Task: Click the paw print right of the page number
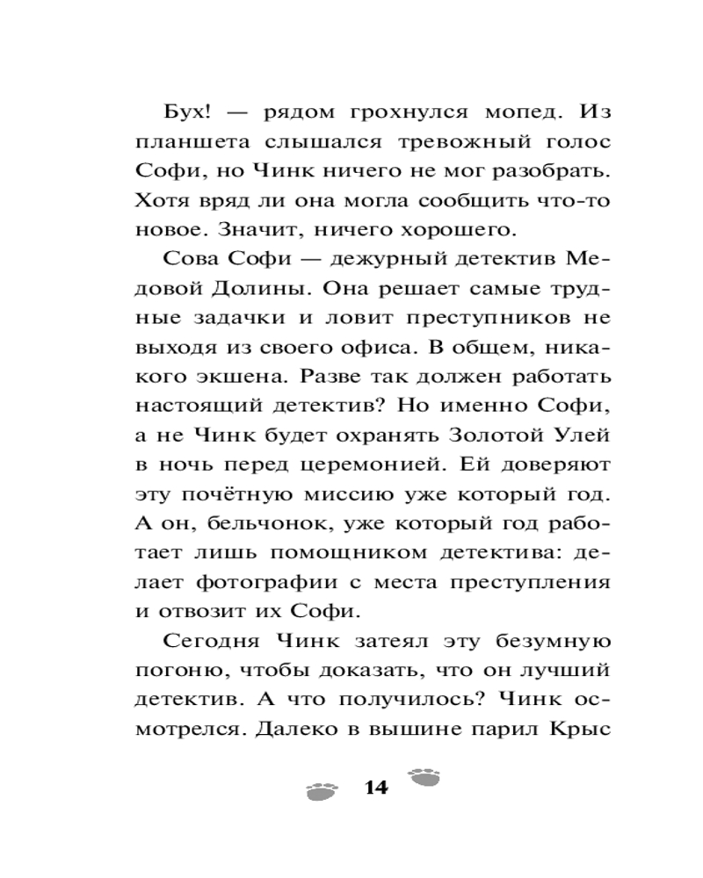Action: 425,775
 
